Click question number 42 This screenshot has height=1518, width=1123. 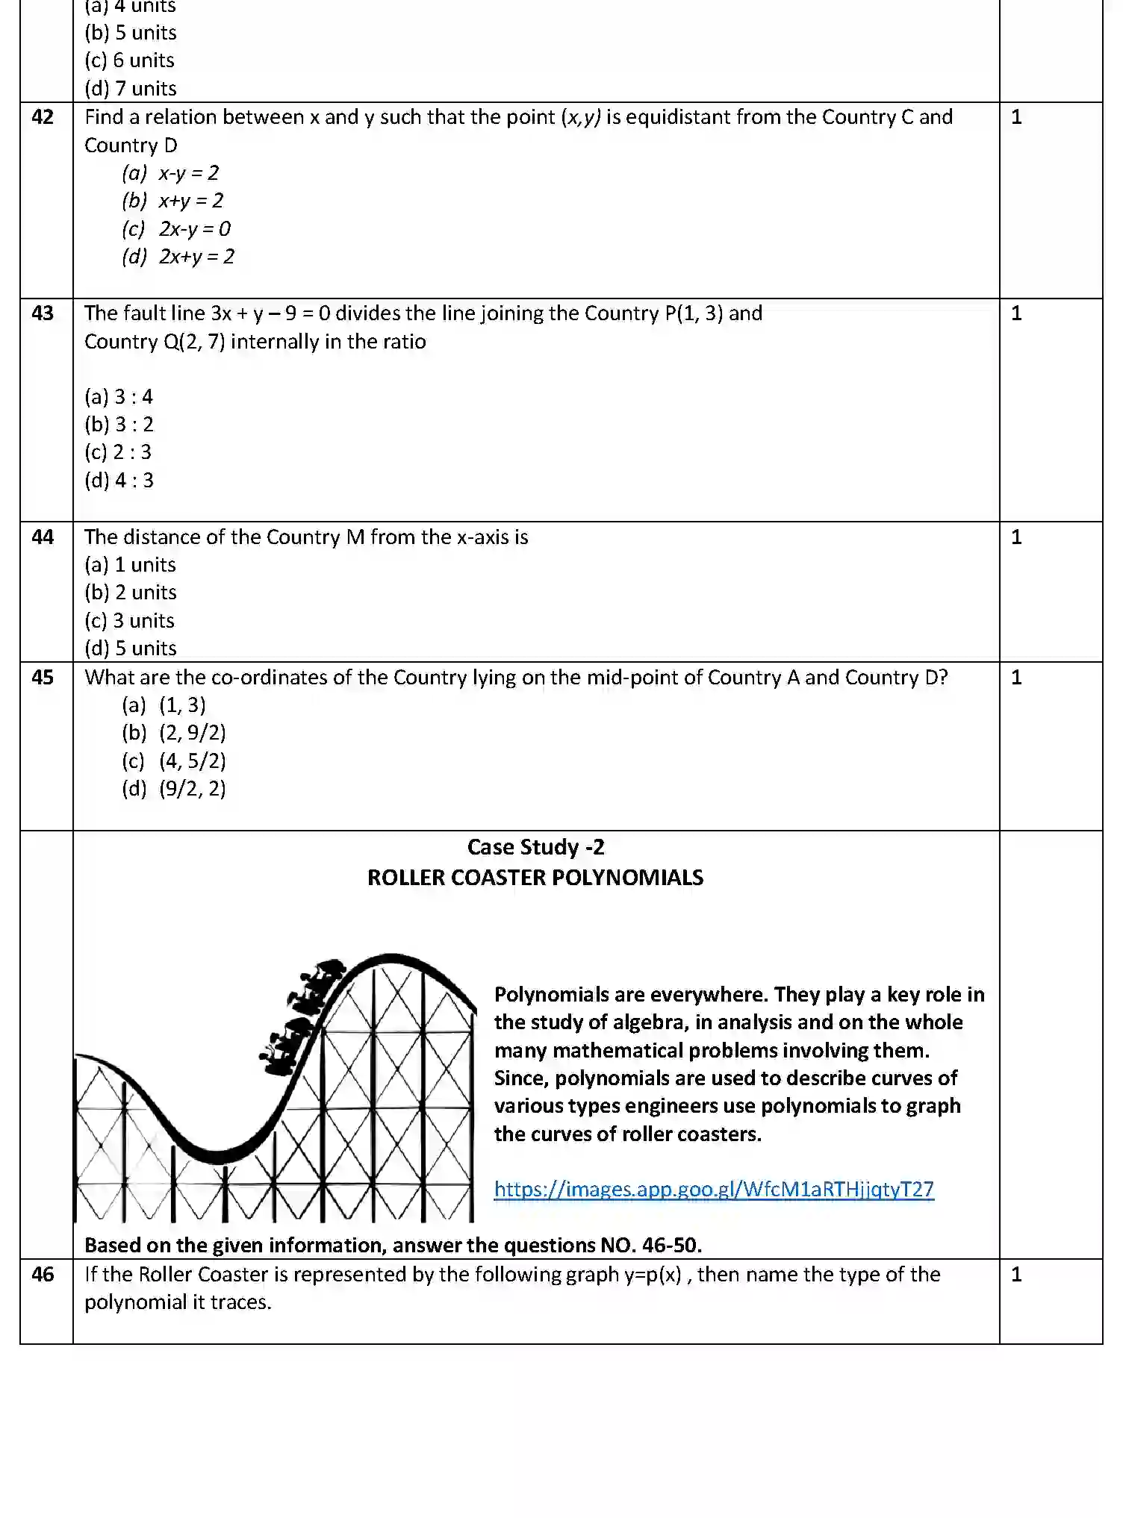tap(43, 117)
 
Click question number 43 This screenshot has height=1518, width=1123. tap(43, 313)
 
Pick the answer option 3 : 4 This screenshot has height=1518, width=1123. tap(119, 397)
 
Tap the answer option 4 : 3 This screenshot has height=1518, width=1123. tap(119, 481)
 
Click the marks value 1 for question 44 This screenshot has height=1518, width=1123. tap(1015, 537)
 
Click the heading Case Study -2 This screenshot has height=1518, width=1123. tap(535, 848)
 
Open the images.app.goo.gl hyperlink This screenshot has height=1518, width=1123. tap(713, 1190)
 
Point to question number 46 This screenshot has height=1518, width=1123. tap(43, 1275)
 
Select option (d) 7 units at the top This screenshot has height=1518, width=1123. tap(131, 89)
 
